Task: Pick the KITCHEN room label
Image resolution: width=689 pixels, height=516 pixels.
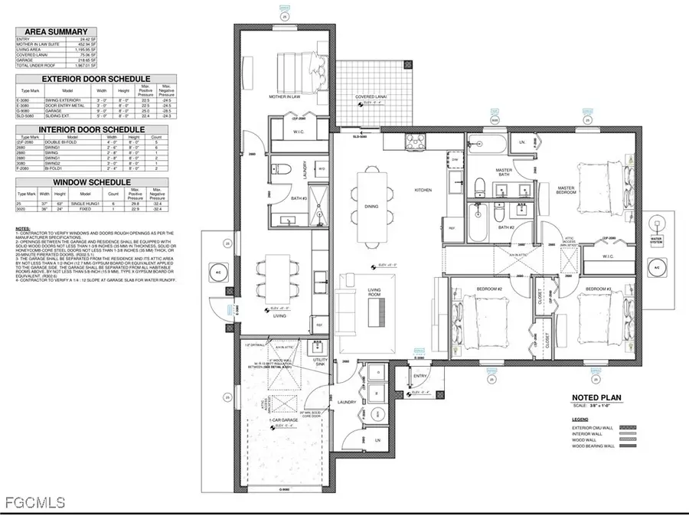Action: pyautogui.click(x=424, y=189)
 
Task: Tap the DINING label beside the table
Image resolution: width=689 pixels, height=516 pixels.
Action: pyautogui.click(x=373, y=205)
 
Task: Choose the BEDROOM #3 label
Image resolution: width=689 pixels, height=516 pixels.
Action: pyautogui.click(x=598, y=289)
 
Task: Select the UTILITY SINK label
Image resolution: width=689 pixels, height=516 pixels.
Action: pyautogui.click(x=320, y=361)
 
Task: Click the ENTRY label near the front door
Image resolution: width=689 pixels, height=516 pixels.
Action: pyautogui.click(x=420, y=376)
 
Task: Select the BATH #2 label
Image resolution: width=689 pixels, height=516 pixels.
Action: pyautogui.click(x=505, y=227)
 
